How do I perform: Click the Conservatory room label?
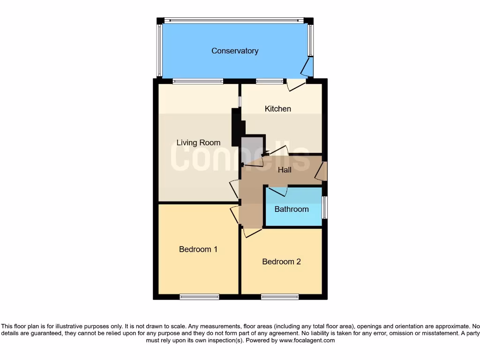(234, 51)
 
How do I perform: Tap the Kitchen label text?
(278, 109)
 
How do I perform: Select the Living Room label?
(198, 142)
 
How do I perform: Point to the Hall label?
(285, 170)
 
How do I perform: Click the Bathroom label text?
(292, 209)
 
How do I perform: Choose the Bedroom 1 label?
(198, 249)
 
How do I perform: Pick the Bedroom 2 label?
(281, 262)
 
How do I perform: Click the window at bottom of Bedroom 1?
(199, 297)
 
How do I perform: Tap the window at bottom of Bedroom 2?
(280, 297)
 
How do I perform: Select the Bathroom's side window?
(324, 207)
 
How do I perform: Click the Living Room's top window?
(197, 81)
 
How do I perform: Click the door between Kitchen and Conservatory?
(296, 85)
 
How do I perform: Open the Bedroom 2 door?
(251, 232)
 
